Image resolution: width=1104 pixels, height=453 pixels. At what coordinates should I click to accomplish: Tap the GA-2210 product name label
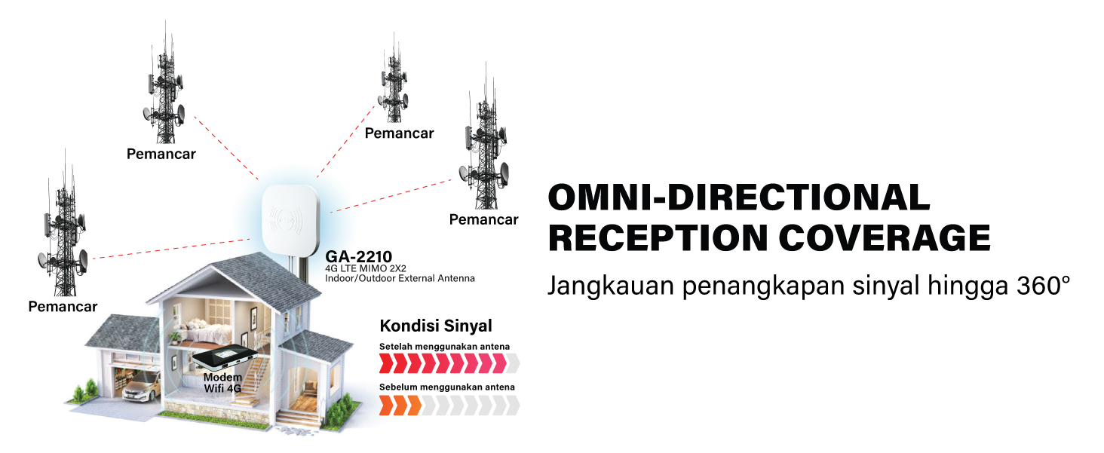359,256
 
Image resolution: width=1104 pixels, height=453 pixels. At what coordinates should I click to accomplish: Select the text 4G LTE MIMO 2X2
366,268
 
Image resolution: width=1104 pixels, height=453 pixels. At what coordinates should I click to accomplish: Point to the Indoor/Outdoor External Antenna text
400,278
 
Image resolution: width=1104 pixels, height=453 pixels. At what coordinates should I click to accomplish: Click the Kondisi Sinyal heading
435,326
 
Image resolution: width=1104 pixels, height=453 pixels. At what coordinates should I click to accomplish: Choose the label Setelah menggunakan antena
444,347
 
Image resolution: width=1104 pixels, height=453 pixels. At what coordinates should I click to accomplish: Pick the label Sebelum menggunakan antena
446,387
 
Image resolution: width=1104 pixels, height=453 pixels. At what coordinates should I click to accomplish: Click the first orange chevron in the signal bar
385,406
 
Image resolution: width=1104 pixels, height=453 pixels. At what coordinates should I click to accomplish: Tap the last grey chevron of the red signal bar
513,365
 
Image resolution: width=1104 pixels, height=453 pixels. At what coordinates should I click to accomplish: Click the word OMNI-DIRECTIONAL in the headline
738,197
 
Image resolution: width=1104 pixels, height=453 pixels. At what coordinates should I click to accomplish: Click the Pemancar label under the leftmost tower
63,307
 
